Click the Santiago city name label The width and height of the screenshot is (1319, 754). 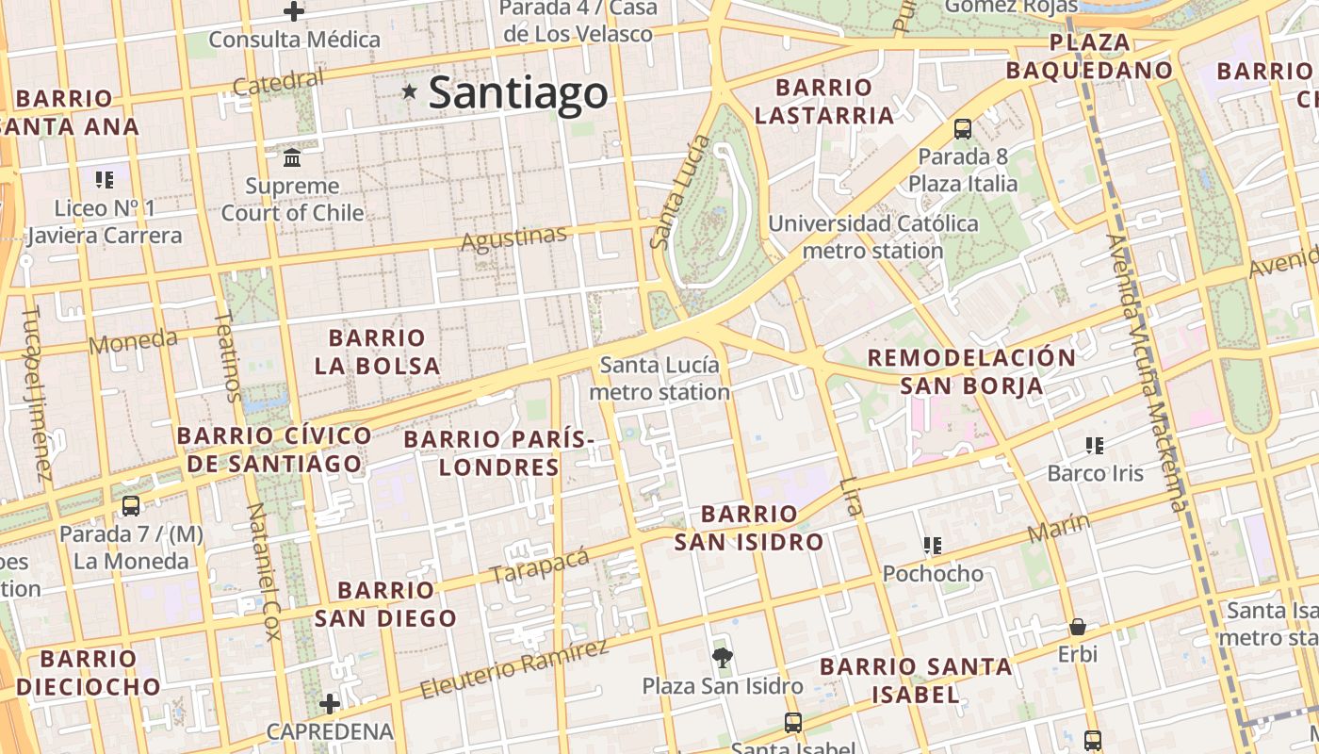[x=518, y=92]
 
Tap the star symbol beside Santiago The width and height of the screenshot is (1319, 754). [x=410, y=91]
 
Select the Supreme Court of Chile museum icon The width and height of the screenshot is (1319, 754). [x=292, y=156]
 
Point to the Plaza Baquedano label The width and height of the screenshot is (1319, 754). [x=1089, y=57]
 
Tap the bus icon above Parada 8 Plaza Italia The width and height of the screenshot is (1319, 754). [x=963, y=128]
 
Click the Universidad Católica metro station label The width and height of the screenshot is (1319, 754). [x=873, y=238]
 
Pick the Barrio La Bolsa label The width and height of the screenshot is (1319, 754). [x=377, y=352]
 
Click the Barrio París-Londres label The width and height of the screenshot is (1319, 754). [x=499, y=452]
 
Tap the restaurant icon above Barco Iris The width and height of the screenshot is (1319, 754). [x=1095, y=445]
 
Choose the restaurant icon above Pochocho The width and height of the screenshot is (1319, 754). [x=933, y=545]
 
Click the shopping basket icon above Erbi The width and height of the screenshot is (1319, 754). [x=1078, y=627]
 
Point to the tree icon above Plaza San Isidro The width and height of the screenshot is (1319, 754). [x=723, y=657]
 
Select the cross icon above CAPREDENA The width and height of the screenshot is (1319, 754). [x=329, y=703]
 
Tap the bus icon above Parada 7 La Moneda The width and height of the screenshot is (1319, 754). [x=131, y=506]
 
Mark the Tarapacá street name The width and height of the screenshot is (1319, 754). [x=540, y=564]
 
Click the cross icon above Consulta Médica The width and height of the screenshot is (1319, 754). [x=294, y=12]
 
